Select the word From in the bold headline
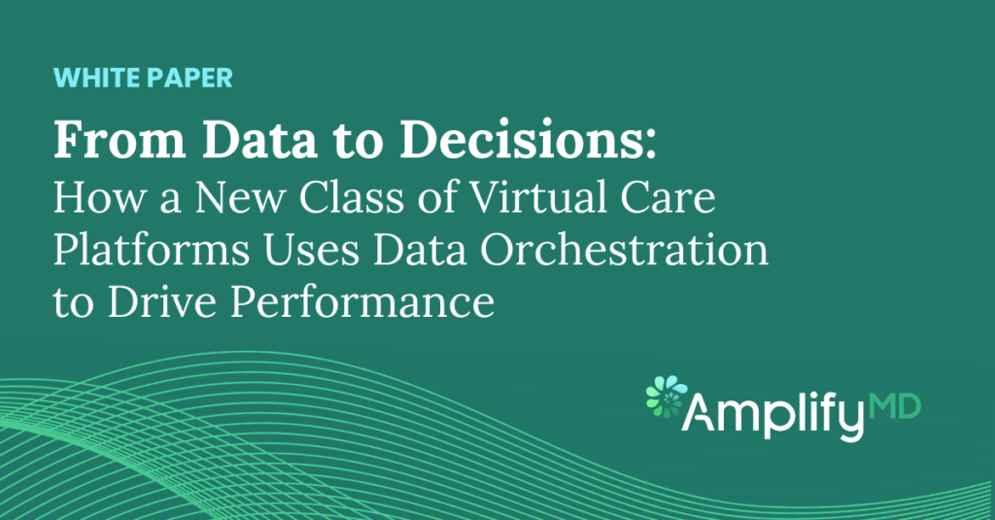[120, 139]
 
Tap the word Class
[352, 197]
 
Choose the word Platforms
[152, 250]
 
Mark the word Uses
[312, 250]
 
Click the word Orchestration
[624, 250]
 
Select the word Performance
[362, 302]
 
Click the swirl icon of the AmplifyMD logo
[667, 397]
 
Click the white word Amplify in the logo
[772, 414]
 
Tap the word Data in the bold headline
[260, 139]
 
